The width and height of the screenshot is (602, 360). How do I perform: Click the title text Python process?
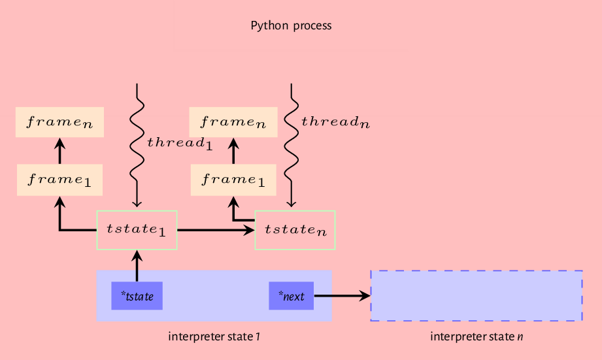click(291, 26)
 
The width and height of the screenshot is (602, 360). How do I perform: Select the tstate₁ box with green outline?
click(137, 230)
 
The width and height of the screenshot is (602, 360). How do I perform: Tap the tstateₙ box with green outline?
click(295, 230)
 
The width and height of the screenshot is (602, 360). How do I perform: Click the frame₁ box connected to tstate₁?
click(59, 180)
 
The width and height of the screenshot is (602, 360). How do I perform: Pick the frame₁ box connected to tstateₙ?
click(233, 180)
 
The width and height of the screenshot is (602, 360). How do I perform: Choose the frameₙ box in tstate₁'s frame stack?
click(59, 122)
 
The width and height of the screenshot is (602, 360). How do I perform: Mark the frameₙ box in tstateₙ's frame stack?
click(233, 122)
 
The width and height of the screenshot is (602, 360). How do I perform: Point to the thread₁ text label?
click(180, 142)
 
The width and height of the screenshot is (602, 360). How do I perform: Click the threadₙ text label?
click(335, 122)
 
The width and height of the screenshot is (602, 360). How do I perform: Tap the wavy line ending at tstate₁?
click(137, 150)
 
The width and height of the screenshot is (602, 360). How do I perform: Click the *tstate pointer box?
click(137, 296)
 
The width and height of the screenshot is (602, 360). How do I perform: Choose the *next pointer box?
click(292, 296)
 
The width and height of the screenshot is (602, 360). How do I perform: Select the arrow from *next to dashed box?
click(341, 296)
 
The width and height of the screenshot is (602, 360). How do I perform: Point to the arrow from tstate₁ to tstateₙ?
click(216, 230)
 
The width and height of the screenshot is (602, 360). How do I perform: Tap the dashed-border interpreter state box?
click(476, 295)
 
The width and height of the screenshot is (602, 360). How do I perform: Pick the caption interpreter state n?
click(477, 336)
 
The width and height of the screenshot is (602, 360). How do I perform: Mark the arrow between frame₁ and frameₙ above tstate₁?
click(59, 152)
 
